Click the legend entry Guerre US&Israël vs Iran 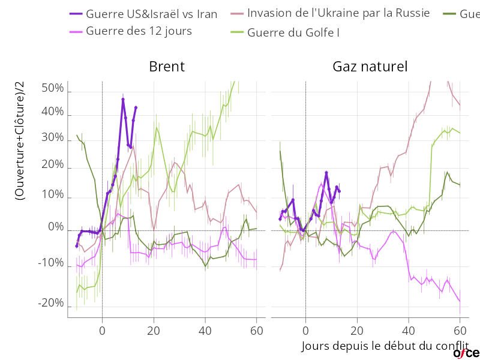[151, 14]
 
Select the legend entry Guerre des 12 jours [139, 31]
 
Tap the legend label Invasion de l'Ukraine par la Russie [338, 13]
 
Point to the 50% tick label [52, 89]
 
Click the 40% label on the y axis [52, 112]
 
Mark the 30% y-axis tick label [52, 137]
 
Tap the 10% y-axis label [52, 196]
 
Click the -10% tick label [50, 263]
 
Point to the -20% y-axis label [50, 304]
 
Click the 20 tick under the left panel [154, 330]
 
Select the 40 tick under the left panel [205, 330]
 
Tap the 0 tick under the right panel [305, 330]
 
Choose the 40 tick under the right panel [408, 330]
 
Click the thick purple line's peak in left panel [123, 97]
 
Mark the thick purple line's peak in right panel [327, 173]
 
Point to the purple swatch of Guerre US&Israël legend [76, 14]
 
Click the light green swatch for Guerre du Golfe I [238, 32]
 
